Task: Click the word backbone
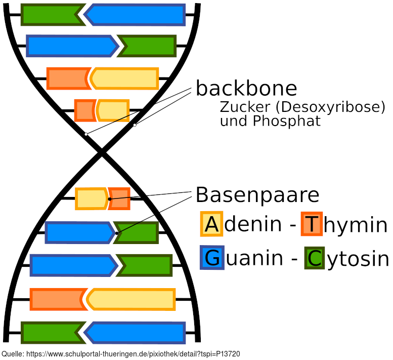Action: click(246, 89)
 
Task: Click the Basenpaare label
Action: click(257, 195)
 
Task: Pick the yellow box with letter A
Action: click(211, 224)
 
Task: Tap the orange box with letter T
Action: click(312, 224)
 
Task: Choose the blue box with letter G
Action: click(212, 258)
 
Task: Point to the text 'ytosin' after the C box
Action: click(358, 259)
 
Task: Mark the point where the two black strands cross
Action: click(102, 152)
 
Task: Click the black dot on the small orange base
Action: click(110, 199)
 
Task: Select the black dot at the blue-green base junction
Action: click(116, 233)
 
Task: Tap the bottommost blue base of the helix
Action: click(136, 333)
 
